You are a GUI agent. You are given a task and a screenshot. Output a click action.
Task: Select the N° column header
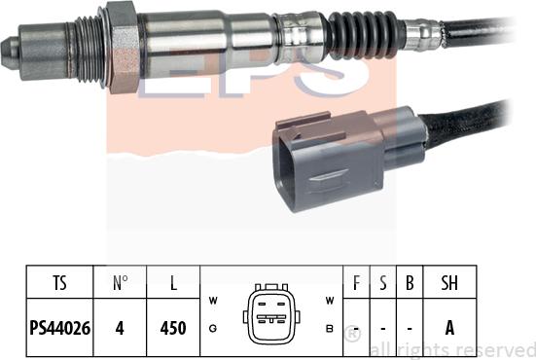120,285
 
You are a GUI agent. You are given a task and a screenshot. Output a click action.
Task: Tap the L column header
173,285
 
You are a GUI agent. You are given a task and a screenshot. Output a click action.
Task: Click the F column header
357,285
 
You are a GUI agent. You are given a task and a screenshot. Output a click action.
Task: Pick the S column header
383,285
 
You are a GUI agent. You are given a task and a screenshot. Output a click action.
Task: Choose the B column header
410,285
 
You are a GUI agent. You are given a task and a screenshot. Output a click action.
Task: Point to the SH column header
449,285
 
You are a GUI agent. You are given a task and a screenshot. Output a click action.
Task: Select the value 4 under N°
120,328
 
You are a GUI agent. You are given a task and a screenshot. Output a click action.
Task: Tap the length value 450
173,328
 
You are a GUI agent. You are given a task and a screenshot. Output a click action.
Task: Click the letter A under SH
449,328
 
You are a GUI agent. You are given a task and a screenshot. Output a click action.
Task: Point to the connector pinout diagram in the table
271,314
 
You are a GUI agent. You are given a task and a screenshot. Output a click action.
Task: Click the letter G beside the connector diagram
213,331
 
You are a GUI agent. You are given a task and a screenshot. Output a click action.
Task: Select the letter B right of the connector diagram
330,331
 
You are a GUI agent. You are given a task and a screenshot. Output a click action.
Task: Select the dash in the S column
383,329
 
